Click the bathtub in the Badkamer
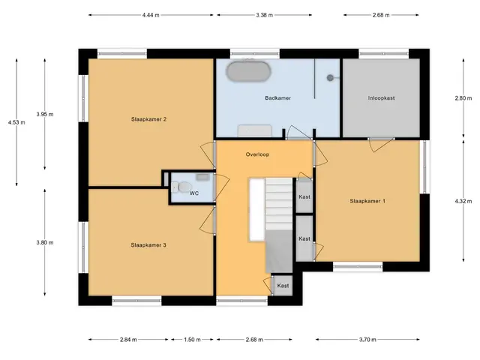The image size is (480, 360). point(249,72)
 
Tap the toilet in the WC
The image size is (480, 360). point(182,187)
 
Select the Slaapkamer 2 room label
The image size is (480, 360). point(148,119)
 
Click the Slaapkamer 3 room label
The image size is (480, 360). point(148,245)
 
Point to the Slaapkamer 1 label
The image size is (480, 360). point(367,201)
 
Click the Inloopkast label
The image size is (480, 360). point(381,98)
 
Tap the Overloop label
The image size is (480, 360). point(257,154)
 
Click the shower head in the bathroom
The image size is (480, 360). point(330,78)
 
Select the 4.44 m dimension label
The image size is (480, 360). point(151,15)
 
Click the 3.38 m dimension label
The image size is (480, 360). point(265,15)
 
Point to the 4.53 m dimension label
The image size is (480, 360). point(16,122)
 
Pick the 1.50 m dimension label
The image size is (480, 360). point(192,340)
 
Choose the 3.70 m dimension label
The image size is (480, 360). point(367,340)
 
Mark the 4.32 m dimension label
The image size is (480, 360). point(463,201)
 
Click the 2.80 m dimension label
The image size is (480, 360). point(463,98)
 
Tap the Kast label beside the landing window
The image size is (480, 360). point(283,286)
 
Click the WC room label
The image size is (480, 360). point(194,193)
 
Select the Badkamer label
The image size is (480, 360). point(278,98)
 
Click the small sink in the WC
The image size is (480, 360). point(202,177)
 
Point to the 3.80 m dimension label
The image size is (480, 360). point(45,242)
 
